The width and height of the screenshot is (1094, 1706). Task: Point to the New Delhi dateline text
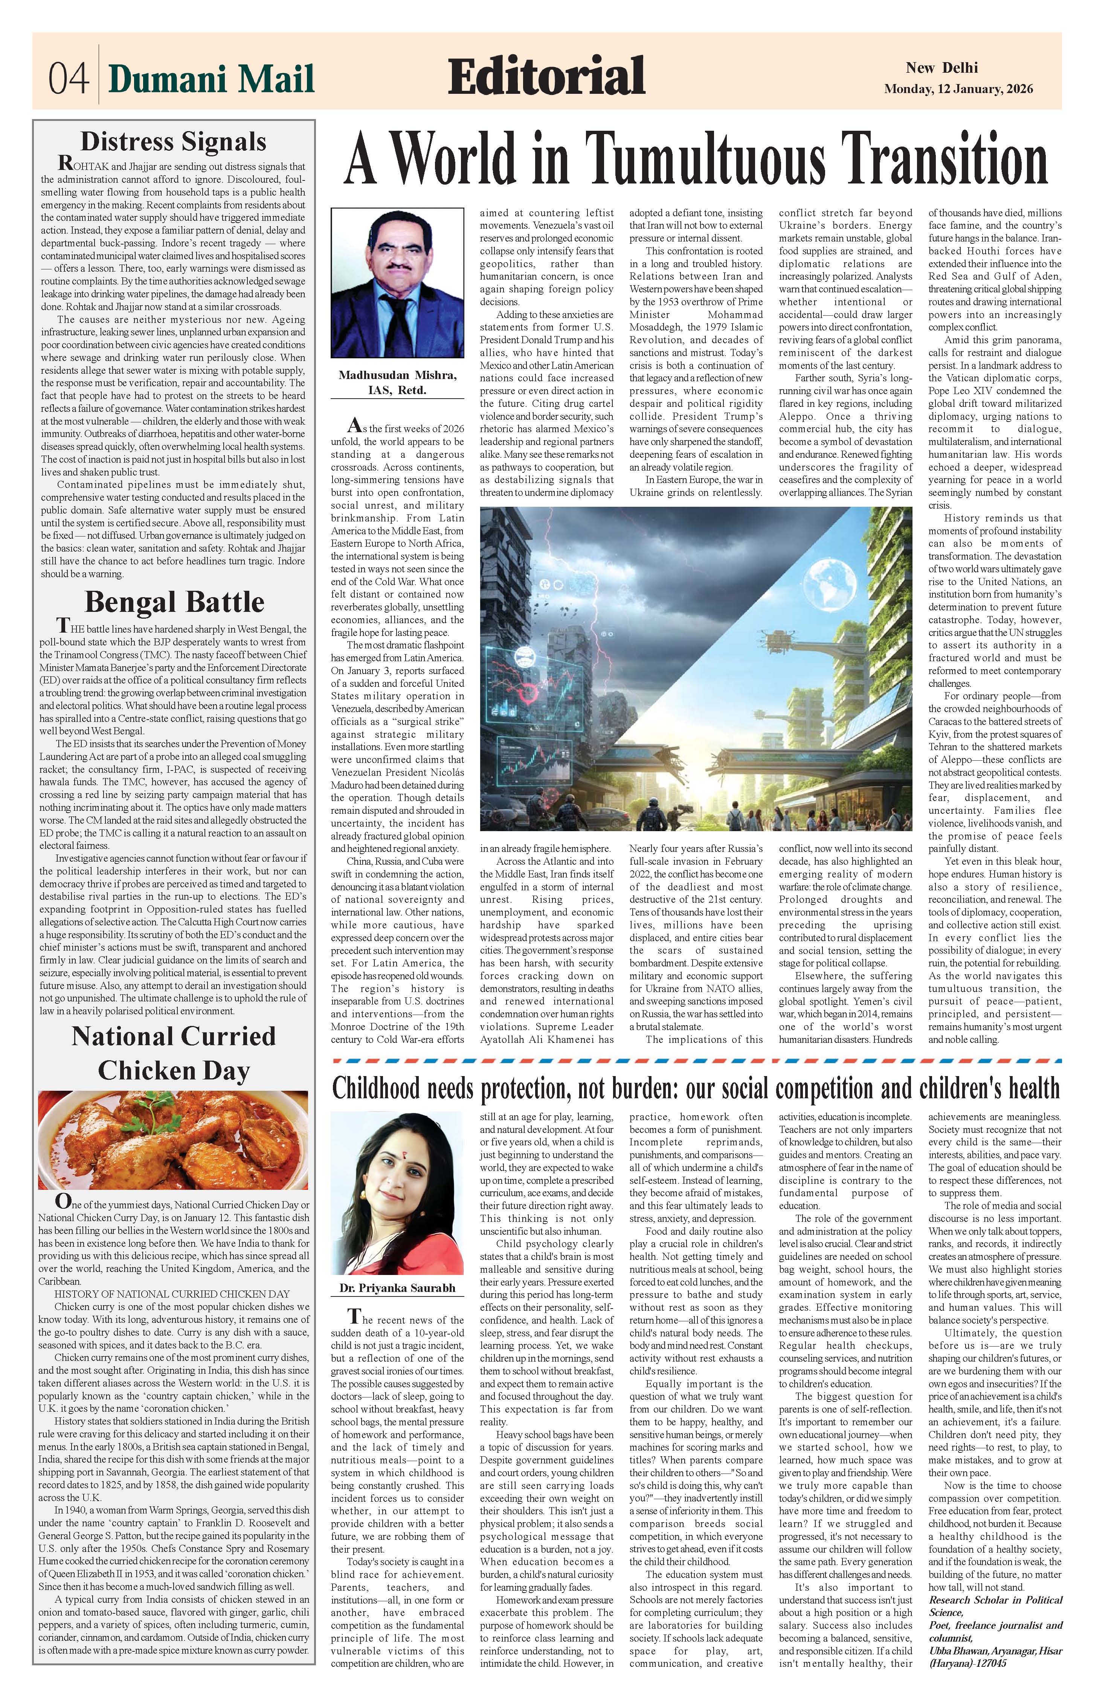pos(941,68)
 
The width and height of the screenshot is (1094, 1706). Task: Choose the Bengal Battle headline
pos(174,602)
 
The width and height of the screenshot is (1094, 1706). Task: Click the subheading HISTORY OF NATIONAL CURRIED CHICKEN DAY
pos(162,1294)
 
